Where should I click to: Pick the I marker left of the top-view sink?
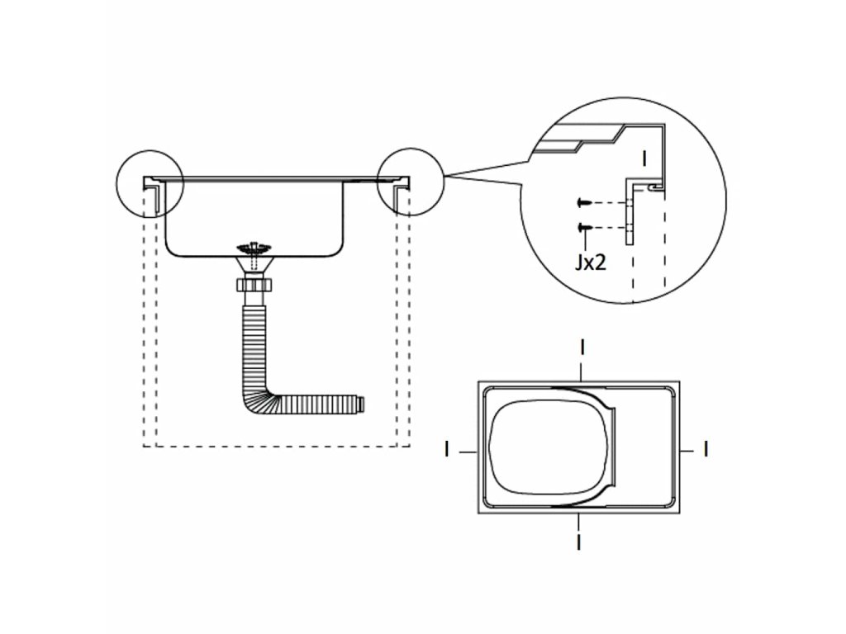click(447, 449)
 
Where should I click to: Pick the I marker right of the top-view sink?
click(705, 449)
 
